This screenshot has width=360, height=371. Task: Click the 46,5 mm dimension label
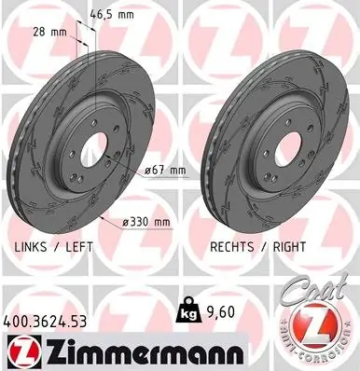(112, 15)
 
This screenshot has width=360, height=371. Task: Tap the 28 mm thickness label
(50, 32)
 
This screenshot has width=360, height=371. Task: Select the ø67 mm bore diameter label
(166, 171)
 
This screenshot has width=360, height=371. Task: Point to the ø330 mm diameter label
(146, 222)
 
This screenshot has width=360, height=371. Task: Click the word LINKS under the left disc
(31, 247)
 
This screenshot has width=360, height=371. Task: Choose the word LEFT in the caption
(79, 247)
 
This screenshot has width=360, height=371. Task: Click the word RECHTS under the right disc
(232, 247)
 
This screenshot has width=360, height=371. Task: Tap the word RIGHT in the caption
(289, 247)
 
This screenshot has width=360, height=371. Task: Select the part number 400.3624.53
(45, 322)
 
